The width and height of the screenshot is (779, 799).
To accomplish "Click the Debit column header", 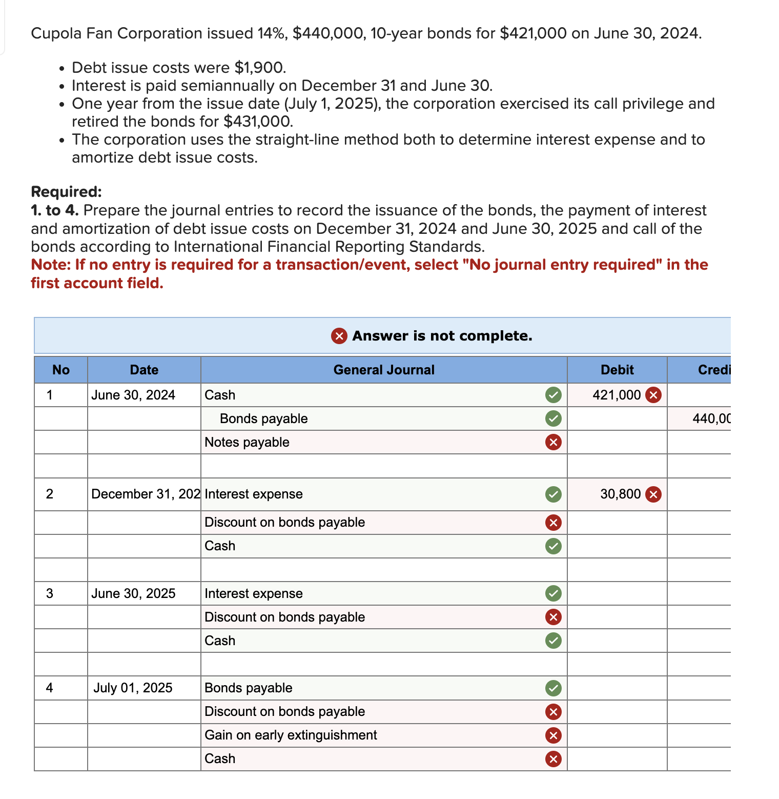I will tap(617, 370).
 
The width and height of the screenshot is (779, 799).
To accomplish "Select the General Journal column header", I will tap(383, 370).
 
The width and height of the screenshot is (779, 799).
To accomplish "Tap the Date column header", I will tap(144, 370).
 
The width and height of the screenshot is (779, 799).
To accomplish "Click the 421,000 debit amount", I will tap(616, 395).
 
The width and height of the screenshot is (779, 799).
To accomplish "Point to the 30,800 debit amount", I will tap(620, 494).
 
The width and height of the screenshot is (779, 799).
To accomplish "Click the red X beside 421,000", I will tap(653, 395).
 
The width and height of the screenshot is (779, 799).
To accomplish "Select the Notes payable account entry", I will tap(247, 442).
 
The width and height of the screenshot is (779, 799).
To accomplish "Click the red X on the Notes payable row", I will tap(553, 442).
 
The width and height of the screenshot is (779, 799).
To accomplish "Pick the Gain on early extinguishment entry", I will tap(291, 735).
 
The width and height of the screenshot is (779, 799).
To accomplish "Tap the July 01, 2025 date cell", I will tap(133, 688).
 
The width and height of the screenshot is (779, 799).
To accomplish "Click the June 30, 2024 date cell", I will tap(133, 395).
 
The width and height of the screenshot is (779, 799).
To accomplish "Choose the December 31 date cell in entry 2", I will tap(146, 494).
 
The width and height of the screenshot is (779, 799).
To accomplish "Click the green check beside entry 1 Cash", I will tap(553, 395).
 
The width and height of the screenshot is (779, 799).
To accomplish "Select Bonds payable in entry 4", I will tap(248, 688).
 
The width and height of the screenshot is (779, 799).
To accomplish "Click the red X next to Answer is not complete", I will tap(339, 336).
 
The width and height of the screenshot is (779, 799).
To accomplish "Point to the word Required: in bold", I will tap(66, 191).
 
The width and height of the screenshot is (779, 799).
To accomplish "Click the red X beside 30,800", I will tap(653, 494).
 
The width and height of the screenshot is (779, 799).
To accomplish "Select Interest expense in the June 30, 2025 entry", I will tap(253, 593).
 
